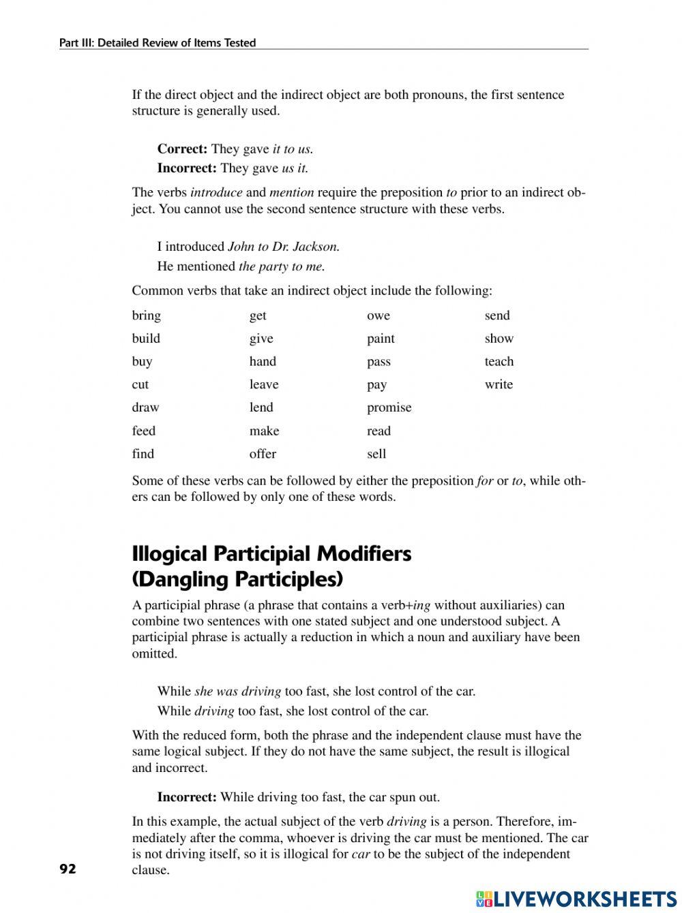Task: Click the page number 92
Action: pyautogui.click(x=68, y=868)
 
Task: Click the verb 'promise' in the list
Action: pyautogui.click(x=389, y=407)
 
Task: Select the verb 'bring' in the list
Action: pyautogui.click(x=146, y=315)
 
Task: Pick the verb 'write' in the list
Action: pyautogui.click(x=499, y=384)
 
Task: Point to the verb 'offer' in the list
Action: pyautogui.click(x=263, y=454)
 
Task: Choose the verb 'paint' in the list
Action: pyautogui.click(x=381, y=339)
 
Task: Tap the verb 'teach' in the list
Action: pyautogui.click(x=499, y=362)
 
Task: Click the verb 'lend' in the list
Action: pyautogui.click(x=261, y=407)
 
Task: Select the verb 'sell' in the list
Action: pyautogui.click(x=376, y=454)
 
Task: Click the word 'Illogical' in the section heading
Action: pyautogui.click(x=170, y=553)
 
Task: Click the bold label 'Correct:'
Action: pyautogui.click(x=182, y=149)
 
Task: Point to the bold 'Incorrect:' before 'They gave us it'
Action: pyautogui.click(x=187, y=168)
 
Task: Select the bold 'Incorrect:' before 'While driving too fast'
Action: pyautogui.click(x=187, y=797)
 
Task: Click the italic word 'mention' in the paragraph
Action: pyautogui.click(x=292, y=192)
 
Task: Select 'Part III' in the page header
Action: pyautogui.click(x=76, y=43)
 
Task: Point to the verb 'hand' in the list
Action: pyautogui.click(x=263, y=362)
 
